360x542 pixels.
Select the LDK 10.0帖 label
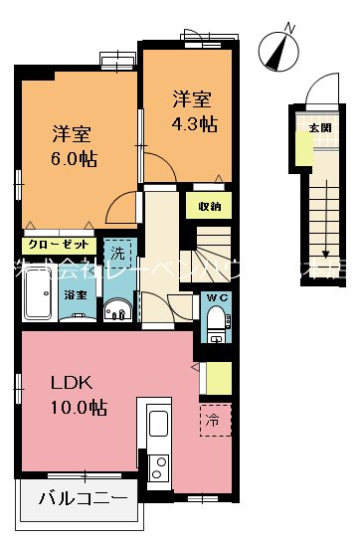pos(74,395)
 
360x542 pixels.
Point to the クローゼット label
pos(58,244)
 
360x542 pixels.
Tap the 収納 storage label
pos(208,207)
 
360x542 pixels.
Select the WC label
pos(218,297)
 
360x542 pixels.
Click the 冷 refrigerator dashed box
pos(214,420)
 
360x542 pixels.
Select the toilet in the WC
pos(216,321)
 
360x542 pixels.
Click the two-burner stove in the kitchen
pos(158,466)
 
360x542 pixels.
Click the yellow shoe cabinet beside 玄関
pos(301,148)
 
